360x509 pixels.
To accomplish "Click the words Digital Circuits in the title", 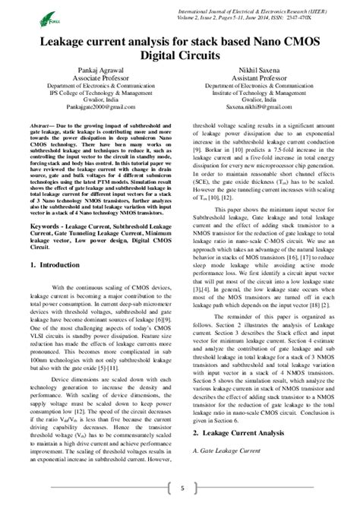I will click(x=180, y=55).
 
